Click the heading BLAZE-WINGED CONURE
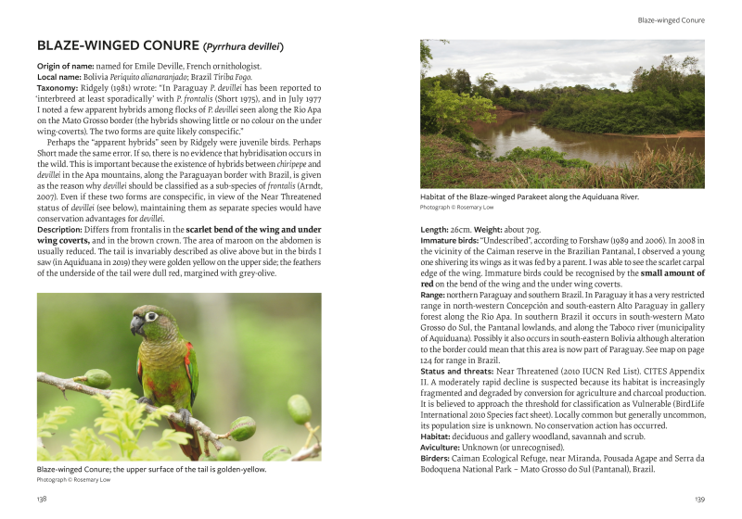[x=117, y=45]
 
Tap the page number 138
[x=42, y=499]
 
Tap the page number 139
[x=698, y=499]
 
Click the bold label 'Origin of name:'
[x=68, y=67]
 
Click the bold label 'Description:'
[x=64, y=228]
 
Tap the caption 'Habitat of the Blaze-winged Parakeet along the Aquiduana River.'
[x=530, y=196]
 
